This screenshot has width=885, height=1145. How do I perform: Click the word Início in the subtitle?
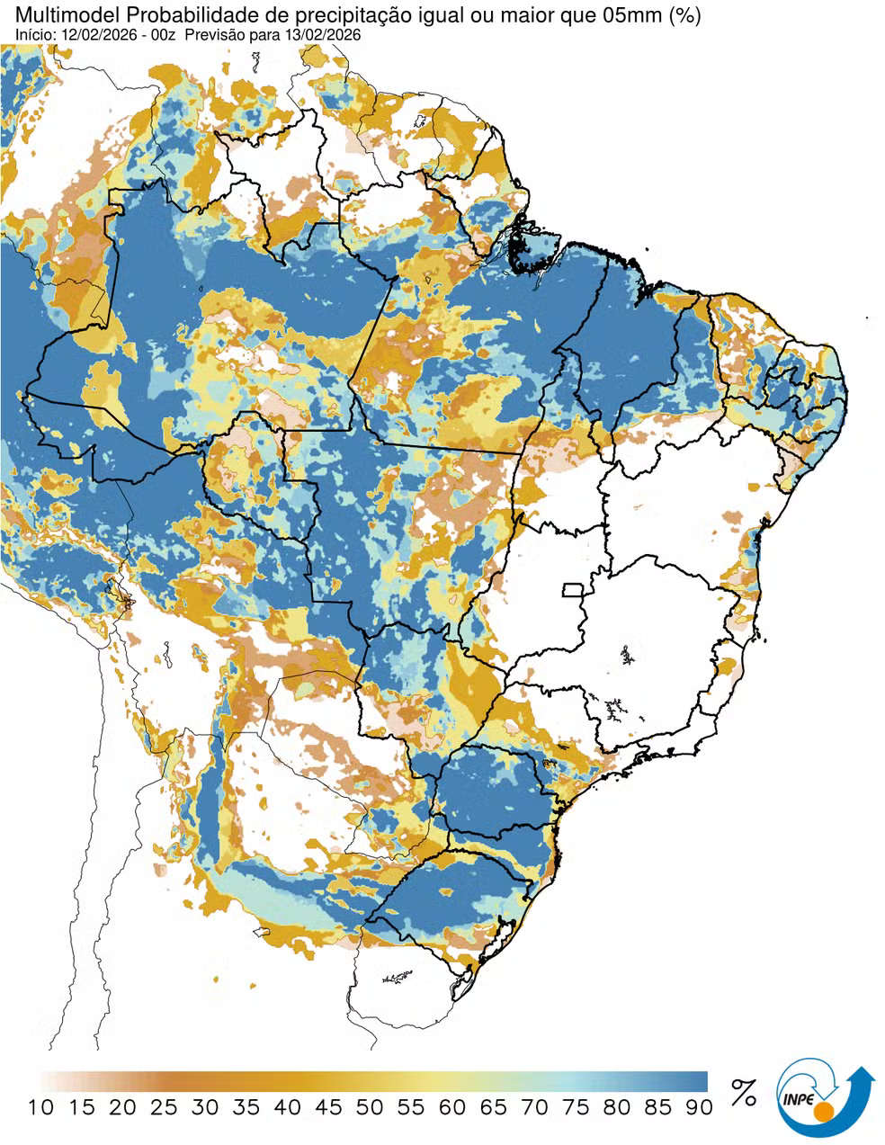point(33,34)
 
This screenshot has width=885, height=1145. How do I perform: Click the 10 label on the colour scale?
point(41,1107)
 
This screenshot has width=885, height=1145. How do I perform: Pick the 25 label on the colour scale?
point(164,1107)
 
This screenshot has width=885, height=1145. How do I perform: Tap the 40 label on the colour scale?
point(288,1107)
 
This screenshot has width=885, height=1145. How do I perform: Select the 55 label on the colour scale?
point(411,1107)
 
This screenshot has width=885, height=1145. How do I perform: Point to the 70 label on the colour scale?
point(534,1107)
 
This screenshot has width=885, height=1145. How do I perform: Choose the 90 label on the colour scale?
point(699,1107)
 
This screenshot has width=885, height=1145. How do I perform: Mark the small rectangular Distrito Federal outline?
point(572,590)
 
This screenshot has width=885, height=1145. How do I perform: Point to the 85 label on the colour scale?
point(657,1107)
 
